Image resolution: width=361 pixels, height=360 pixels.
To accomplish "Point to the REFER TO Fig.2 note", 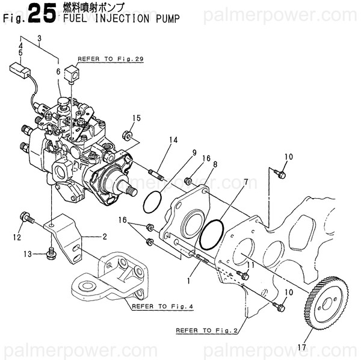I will [206, 330].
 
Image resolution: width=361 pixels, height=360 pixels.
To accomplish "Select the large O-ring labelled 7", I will [211, 235].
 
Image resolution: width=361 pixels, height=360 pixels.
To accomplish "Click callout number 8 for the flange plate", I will [214, 163].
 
